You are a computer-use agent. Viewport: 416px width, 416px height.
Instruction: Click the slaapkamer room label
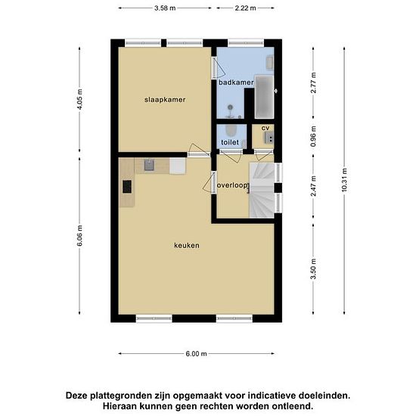[x=166, y=99]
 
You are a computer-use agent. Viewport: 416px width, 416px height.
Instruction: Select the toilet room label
[x=230, y=142]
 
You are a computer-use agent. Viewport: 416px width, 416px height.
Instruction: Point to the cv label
[x=265, y=128]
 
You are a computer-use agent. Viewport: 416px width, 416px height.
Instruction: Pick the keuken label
[x=187, y=245]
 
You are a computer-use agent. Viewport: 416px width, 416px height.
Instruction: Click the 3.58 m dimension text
[x=164, y=8]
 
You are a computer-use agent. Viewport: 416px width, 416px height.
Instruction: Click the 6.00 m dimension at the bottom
[x=195, y=353]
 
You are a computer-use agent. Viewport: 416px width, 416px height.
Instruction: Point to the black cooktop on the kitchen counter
[x=126, y=185]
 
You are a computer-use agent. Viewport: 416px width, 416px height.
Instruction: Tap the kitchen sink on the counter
[x=149, y=164]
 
